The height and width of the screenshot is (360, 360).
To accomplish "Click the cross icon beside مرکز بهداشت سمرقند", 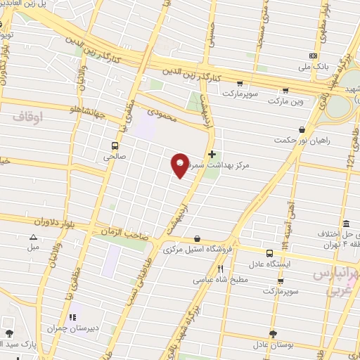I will point(212,153).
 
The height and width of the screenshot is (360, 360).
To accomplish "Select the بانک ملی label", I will point(313,67).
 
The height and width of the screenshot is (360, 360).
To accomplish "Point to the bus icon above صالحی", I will point(114,146).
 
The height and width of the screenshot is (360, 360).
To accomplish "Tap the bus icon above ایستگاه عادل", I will point(270,252).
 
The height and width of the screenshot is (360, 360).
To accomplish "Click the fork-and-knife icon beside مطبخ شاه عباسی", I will point(220,269).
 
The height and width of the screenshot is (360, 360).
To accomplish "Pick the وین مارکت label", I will point(285,101).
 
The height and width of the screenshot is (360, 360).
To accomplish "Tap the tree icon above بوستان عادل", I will point(272,334).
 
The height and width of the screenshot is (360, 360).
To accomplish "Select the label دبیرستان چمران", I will point(71,328).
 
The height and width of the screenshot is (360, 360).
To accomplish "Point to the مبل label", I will point(33,248).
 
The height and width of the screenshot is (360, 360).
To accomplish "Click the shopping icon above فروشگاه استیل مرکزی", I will point(196,238).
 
